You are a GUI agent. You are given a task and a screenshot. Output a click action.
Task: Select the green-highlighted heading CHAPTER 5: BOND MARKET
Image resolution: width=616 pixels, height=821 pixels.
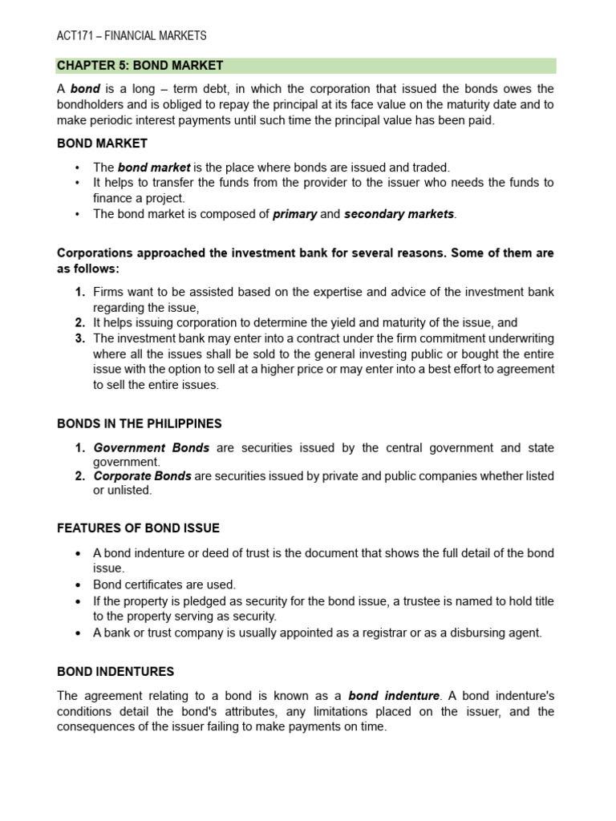coord(140,65)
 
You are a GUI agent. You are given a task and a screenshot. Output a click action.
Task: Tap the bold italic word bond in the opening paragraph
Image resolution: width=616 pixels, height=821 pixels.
coord(85,89)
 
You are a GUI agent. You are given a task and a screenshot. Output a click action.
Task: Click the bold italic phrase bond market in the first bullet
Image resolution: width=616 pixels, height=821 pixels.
coord(154,168)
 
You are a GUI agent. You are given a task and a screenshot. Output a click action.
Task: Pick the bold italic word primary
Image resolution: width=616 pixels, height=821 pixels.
coord(294,214)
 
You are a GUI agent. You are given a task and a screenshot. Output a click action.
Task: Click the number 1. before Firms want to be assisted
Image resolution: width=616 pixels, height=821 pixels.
coord(80,292)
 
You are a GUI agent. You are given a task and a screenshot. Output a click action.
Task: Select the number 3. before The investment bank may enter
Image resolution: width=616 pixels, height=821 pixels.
coord(80,338)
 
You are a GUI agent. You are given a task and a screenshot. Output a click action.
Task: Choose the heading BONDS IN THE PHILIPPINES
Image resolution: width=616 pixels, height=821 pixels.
coord(139,423)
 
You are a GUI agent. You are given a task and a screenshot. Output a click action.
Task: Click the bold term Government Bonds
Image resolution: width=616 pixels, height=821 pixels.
coord(152,447)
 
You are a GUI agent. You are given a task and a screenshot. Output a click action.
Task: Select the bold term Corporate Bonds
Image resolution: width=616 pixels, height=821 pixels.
coord(142,475)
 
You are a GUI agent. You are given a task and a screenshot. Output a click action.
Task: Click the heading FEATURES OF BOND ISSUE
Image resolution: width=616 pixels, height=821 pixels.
coord(138,528)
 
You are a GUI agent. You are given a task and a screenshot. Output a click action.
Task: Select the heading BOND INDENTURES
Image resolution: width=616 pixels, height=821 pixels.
coord(115,671)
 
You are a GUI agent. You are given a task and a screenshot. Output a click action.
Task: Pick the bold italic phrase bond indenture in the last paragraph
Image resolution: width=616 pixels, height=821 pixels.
coord(394,695)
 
